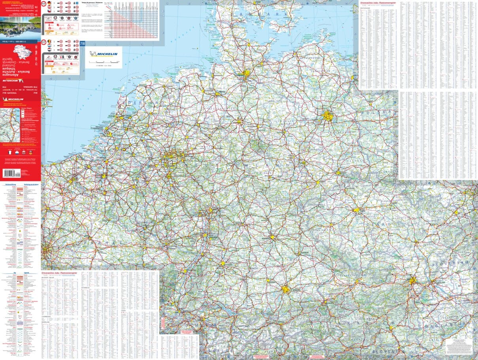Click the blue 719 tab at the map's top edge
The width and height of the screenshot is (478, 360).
(x=82, y=43)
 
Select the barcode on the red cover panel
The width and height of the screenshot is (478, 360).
(x=11, y=173)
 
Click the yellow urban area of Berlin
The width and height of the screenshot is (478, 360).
(x=327, y=116)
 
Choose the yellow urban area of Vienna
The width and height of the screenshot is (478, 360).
(x=413, y=281)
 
